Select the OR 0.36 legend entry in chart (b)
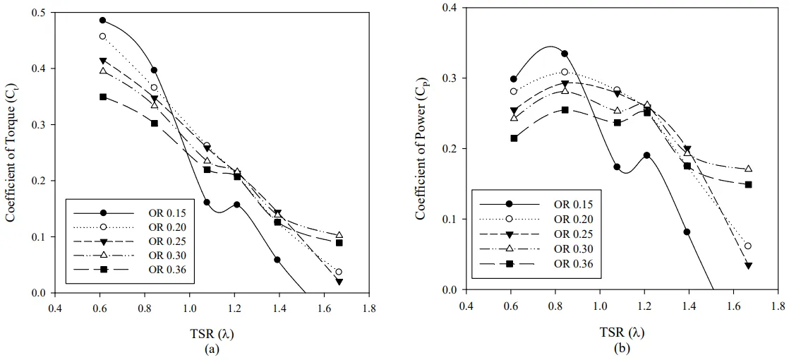(x=573, y=264)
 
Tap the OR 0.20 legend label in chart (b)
(x=573, y=220)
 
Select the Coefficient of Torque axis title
(x=11, y=151)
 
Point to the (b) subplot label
(x=621, y=348)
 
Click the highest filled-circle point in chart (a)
(x=103, y=20)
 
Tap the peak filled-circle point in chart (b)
(x=565, y=54)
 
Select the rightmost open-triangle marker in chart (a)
(x=339, y=235)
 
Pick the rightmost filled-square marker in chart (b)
(x=749, y=185)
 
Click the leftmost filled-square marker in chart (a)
(x=103, y=97)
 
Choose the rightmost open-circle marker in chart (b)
(x=748, y=246)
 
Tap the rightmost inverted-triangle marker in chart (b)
(x=749, y=265)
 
